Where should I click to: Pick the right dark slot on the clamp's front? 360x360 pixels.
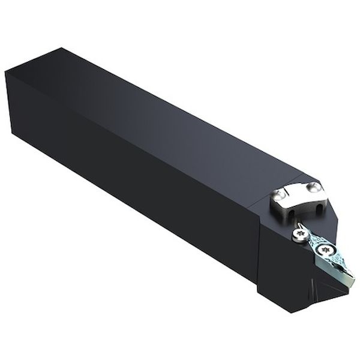[x=317, y=206]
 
